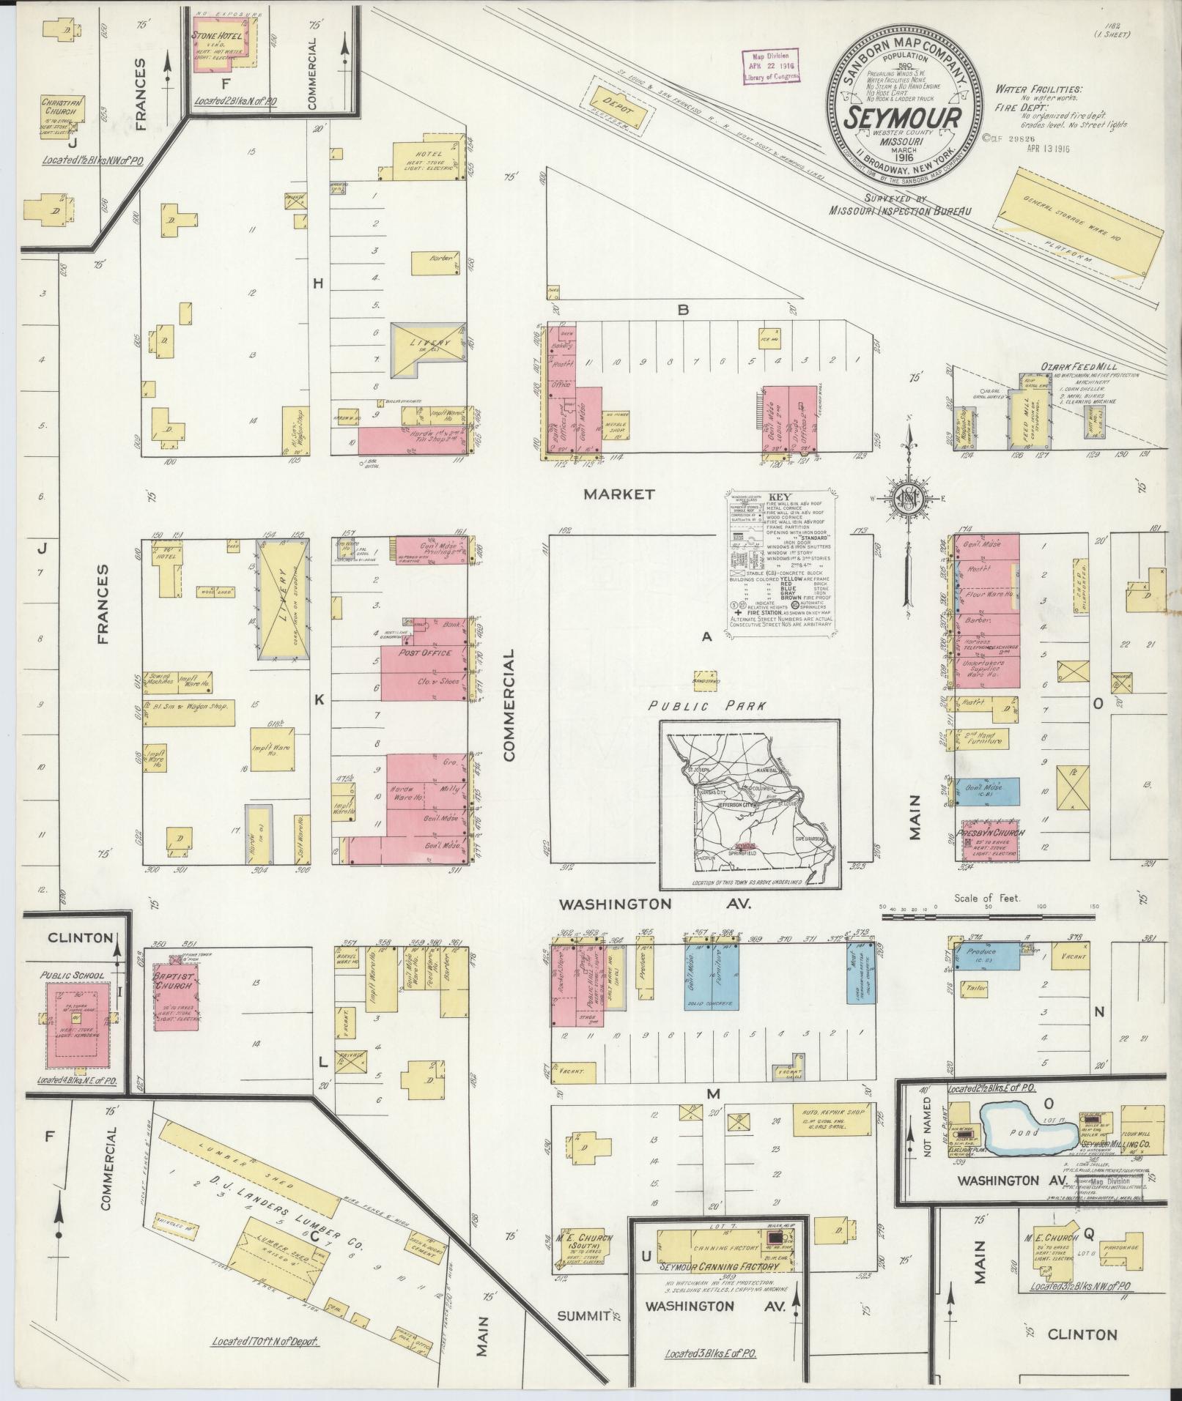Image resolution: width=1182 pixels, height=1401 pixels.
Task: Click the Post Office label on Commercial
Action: pyautogui.click(x=425, y=653)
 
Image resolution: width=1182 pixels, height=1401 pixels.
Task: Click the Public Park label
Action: pyautogui.click(x=706, y=706)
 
